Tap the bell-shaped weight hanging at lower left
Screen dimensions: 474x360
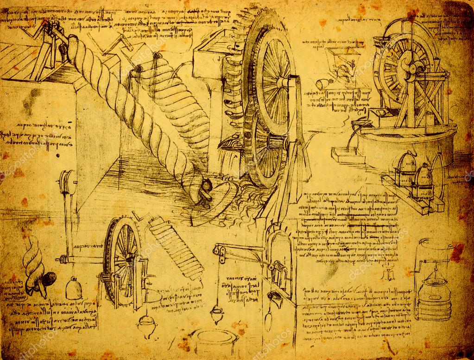[x=73, y=289]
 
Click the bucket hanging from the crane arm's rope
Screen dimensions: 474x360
[x=217, y=316]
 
